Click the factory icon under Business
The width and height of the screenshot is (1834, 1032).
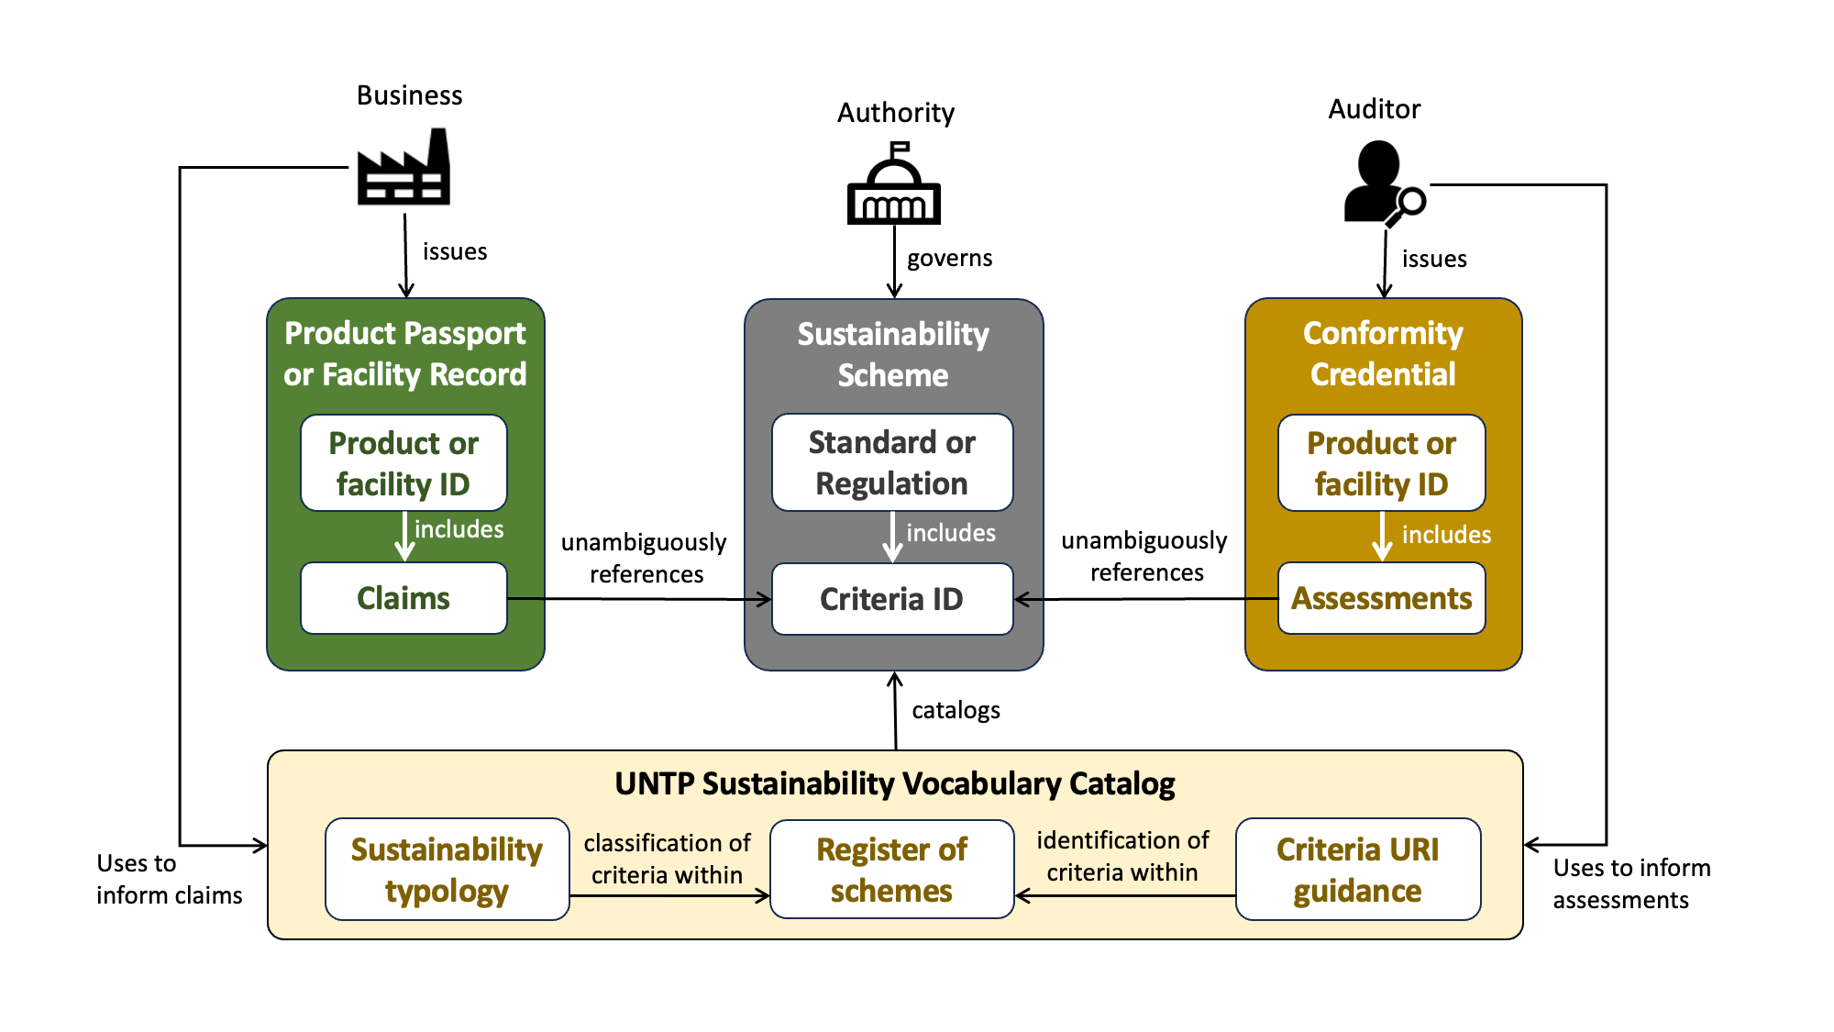coord(403,169)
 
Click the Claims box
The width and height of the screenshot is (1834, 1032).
coord(403,598)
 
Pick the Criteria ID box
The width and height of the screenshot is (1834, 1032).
coord(891,599)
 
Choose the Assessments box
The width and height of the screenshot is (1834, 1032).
coord(1381,598)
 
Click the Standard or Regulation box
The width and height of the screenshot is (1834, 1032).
coord(891,462)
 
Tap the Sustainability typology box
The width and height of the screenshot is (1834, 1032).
coord(447,870)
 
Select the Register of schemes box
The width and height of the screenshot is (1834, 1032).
coord(891,870)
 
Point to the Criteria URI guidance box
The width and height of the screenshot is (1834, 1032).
coord(1357,870)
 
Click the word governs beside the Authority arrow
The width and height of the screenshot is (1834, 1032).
coord(949,259)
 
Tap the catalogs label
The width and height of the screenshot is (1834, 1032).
coord(956,711)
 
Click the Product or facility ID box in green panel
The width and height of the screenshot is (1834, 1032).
coord(403,463)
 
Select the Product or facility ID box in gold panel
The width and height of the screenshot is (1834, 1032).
coord(1381,463)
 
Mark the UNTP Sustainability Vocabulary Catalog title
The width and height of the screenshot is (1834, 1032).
coord(894,784)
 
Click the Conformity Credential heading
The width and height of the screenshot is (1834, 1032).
coord(1383,353)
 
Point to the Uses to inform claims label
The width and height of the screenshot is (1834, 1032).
coord(169,879)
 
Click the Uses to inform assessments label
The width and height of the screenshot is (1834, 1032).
coord(1630,883)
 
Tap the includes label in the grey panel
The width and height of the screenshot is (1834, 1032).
coord(950,534)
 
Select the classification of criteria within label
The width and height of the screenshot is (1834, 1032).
coord(667,859)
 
